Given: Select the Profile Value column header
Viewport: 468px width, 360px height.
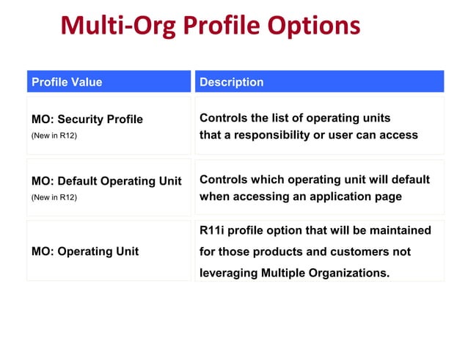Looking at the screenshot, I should [67, 82].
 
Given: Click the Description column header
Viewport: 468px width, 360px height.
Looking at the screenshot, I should [231, 82].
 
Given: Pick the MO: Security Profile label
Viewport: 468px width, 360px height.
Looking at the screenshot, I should [87, 120].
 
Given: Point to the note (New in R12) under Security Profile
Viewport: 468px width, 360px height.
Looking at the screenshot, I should [54, 136].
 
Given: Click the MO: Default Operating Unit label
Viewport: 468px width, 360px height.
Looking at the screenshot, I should [106, 181].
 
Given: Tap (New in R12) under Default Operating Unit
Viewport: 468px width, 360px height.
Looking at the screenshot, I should [54, 197].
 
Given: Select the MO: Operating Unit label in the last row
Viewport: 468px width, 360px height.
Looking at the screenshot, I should [85, 251].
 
